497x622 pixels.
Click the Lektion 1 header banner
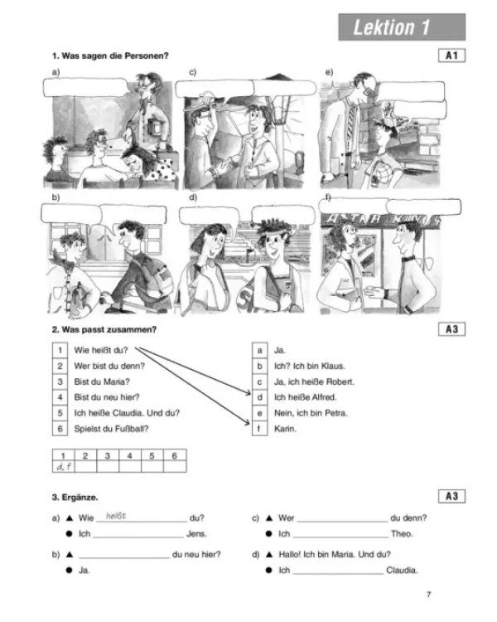402,27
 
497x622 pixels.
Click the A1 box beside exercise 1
451,55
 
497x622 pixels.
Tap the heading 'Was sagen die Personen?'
115,56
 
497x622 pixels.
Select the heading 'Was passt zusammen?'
109,329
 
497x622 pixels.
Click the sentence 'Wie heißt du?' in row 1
101,350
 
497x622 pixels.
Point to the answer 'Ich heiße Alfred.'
305,397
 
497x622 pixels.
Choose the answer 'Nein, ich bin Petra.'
311,413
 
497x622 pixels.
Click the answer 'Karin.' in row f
285,429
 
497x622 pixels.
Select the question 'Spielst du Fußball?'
111,429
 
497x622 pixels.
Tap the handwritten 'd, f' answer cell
64,467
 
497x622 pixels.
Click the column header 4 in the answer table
129,456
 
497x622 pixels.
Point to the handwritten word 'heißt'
116,516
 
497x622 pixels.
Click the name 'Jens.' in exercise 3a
196,534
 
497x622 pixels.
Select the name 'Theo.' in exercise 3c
402,534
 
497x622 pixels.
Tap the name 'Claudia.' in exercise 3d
402,571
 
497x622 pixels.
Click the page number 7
428,595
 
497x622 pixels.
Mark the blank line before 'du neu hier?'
124,558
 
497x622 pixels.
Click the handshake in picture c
221,166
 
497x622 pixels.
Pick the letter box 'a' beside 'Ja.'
259,350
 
